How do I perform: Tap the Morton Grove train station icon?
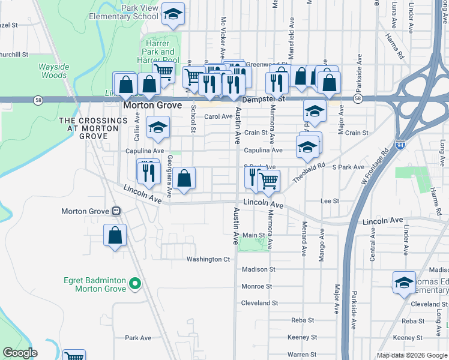click(116, 211)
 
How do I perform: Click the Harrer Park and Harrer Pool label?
click(160, 52)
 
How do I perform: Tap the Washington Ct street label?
click(208, 259)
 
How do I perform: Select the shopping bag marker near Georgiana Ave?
click(185, 178)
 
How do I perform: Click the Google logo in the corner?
click(20, 353)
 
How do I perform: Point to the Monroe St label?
click(257, 286)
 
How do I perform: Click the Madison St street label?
click(258, 270)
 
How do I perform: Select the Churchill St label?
click(13, 54)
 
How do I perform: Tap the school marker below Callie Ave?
click(158, 127)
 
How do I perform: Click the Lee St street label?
click(330, 201)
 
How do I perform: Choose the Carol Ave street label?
click(218, 116)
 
